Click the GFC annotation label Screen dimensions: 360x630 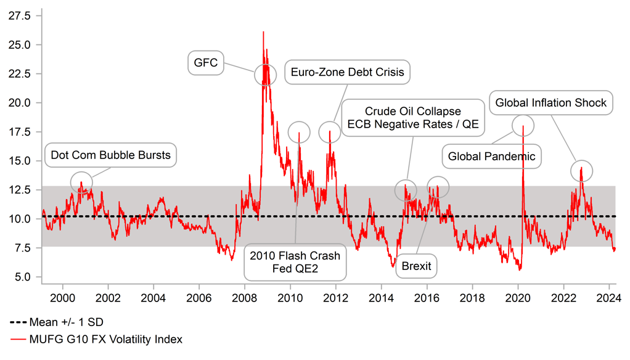[206, 63]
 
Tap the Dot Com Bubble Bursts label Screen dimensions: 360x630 [110, 155]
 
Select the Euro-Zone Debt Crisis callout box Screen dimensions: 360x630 [348, 73]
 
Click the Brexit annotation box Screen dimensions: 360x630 [416, 266]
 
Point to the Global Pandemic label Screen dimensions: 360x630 [491, 157]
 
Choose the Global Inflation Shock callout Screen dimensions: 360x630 [551, 103]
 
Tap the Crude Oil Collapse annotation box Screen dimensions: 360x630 [412, 118]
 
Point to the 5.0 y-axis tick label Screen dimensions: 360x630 [23, 277]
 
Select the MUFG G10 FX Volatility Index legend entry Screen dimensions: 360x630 [96, 339]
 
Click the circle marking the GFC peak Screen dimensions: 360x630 [266, 75]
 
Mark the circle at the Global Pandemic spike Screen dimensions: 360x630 [523, 125]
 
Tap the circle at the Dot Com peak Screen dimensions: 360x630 [81, 182]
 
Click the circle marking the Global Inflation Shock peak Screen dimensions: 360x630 [581, 171]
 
